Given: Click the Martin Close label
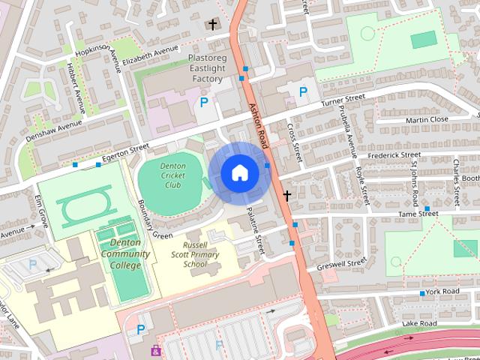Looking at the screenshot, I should point(427,119).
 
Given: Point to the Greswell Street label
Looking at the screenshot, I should point(341,264).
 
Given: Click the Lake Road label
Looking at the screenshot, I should point(419,323).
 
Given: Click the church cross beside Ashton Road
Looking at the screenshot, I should point(286,196).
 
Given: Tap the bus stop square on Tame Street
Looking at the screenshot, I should point(427,208).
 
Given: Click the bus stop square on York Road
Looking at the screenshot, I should point(422,292).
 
